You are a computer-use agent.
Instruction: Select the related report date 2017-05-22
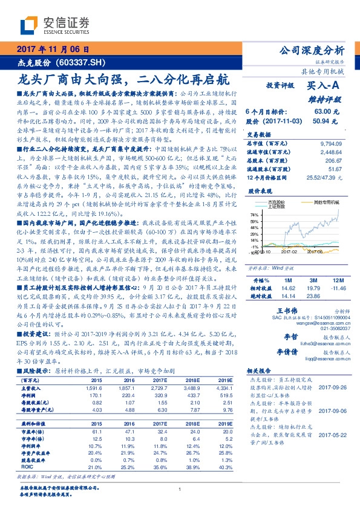[332, 434]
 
